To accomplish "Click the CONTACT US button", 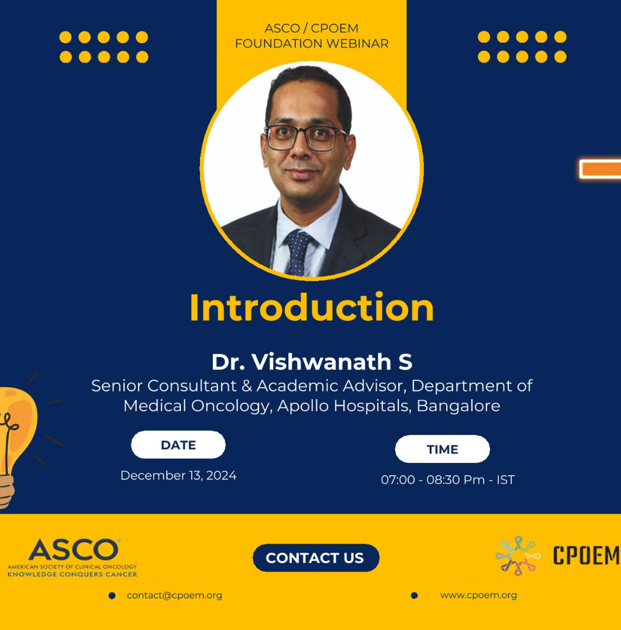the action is coord(316,558).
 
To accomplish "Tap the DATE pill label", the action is coord(178,445).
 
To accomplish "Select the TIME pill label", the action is coord(442,449).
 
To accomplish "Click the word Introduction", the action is coord(312,308).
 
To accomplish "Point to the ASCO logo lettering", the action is coord(74,549).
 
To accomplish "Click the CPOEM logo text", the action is coord(586,556).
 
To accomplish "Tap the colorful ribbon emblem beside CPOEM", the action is coord(517,555).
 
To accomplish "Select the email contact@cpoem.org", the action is coord(174,595).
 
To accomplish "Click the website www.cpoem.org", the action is coord(478,595).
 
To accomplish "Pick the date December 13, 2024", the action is coord(178,475).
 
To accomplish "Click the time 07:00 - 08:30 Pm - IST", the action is coord(447,480).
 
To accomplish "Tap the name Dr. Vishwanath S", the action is coord(312,362).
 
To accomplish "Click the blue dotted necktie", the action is coord(298,253).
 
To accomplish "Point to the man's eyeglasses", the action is coord(305,139).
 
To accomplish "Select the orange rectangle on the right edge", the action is coord(601,169).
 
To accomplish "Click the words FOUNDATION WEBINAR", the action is coord(312,43).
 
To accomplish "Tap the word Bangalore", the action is coord(458,406).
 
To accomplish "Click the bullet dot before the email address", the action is coord(112,596).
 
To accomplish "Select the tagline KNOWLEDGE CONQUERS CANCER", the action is coord(73,574).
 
